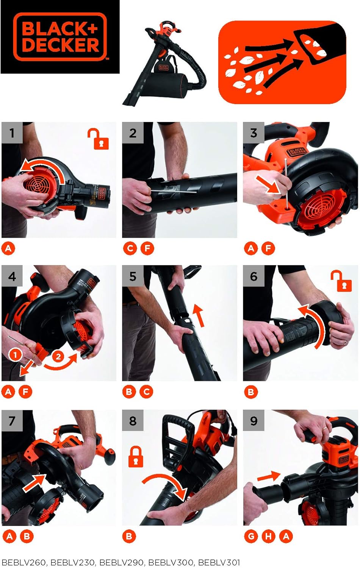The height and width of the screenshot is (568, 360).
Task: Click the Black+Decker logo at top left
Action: coord(60,37)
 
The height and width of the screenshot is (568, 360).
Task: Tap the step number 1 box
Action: coord(12,133)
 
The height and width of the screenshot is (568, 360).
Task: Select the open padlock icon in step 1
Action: coord(99,139)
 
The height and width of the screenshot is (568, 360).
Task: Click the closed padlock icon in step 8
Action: coord(136,456)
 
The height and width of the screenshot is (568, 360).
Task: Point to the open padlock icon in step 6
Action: coord(341,281)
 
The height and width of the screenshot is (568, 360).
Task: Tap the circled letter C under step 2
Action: coord(130,248)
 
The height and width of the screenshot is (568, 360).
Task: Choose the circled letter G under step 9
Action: coord(251,536)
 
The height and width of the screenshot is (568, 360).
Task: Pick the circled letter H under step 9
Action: coord(268,536)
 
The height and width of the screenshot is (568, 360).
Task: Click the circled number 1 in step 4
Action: coord(15,355)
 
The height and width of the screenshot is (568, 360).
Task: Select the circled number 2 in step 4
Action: coord(58,356)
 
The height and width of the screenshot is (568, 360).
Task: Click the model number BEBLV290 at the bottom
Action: coord(122,563)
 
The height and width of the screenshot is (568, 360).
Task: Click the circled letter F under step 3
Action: coord(268,248)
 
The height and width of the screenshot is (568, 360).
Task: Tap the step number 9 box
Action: coord(254,420)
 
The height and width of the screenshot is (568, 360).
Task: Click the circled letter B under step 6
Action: coord(251,392)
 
